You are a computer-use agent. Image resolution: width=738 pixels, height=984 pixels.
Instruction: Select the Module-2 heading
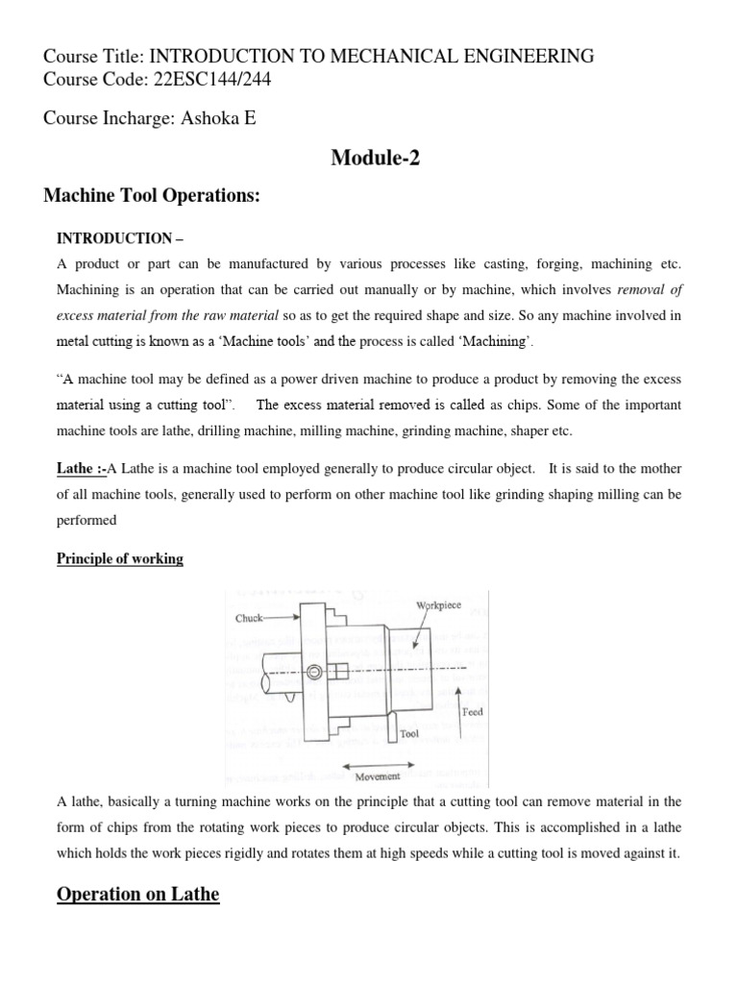point(375,159)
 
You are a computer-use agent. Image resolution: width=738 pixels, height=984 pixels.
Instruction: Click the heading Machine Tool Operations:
point(153,196)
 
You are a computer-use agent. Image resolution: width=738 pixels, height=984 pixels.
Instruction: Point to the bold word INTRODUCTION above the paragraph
point(112,237)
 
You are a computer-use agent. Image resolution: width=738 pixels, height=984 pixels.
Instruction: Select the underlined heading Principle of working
point(119,558)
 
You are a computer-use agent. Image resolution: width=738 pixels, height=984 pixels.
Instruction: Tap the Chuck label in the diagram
point(249,619)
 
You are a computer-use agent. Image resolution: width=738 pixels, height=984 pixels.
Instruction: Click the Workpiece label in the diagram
point(438,606)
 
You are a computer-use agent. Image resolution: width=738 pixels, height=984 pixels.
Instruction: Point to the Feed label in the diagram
point(472,712)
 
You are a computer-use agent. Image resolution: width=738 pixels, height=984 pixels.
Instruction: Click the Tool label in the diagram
point(410,733)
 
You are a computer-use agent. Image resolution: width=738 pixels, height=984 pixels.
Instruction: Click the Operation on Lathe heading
point(138,895)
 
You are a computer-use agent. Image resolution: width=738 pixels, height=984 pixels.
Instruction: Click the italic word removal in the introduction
point(649,289)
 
